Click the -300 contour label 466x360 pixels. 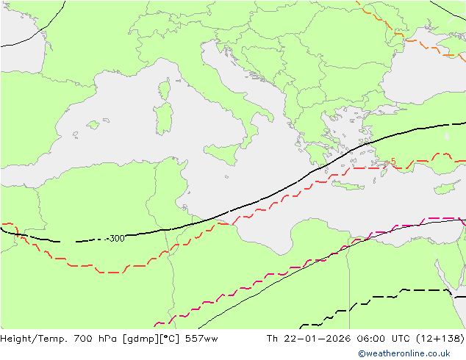[x=115, y=238]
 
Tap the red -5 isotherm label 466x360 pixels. [x=392, y=162]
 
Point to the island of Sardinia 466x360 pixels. [x=163, y=118]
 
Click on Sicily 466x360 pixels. [x=224, y=154]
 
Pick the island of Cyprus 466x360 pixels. [x=446, y=187]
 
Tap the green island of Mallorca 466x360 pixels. [x=93, y=125]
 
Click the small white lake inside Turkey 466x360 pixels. [x=447, y=137]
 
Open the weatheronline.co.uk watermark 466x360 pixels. [x=414, y=353]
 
